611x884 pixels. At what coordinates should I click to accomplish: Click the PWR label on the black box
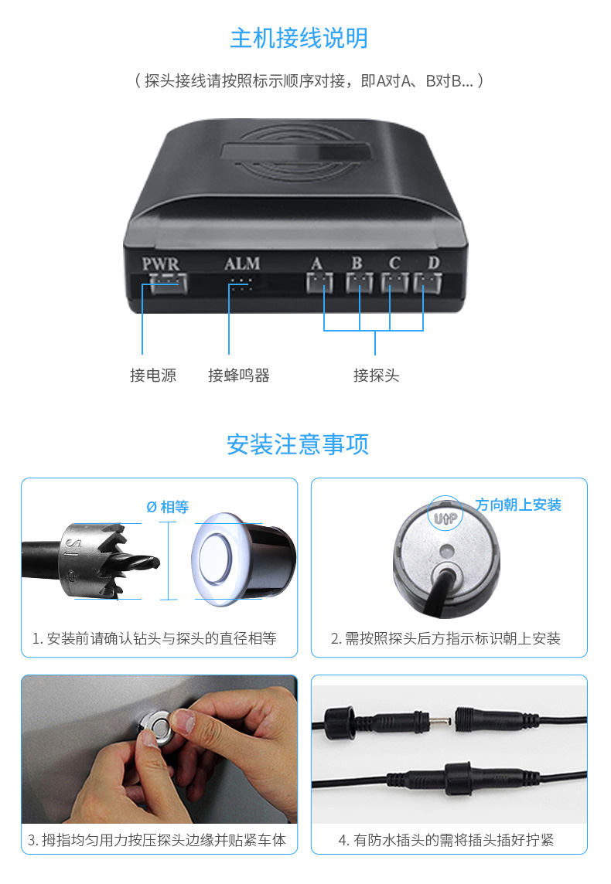tap(160, 263)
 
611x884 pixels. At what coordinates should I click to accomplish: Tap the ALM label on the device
tap(242, 263)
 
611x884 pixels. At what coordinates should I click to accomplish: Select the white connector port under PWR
tap(168, 283)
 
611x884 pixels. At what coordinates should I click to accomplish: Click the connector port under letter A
tap(319, 283)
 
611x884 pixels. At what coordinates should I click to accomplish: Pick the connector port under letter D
tap(428, 283)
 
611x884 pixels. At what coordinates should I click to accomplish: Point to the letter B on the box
tap(357, 263)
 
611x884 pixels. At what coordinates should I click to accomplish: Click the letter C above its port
tap(394, 263)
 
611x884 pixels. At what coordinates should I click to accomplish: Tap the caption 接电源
tap(153, 375)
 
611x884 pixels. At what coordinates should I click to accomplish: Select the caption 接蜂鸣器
tap(239, 375)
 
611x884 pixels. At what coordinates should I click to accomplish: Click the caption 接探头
tap(377, 375)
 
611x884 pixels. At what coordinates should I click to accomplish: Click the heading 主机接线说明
tap(299, 39)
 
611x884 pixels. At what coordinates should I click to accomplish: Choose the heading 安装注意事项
tap(298, 444)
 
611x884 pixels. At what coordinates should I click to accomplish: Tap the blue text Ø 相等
tap(168, 507)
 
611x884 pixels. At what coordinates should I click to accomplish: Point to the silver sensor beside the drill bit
tap(243, 559)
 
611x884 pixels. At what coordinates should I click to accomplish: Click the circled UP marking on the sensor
tap(445, 514)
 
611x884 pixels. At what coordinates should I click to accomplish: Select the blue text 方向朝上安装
tap(518, 505)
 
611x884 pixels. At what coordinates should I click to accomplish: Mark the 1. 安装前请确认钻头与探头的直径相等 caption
tap(155, 638)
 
